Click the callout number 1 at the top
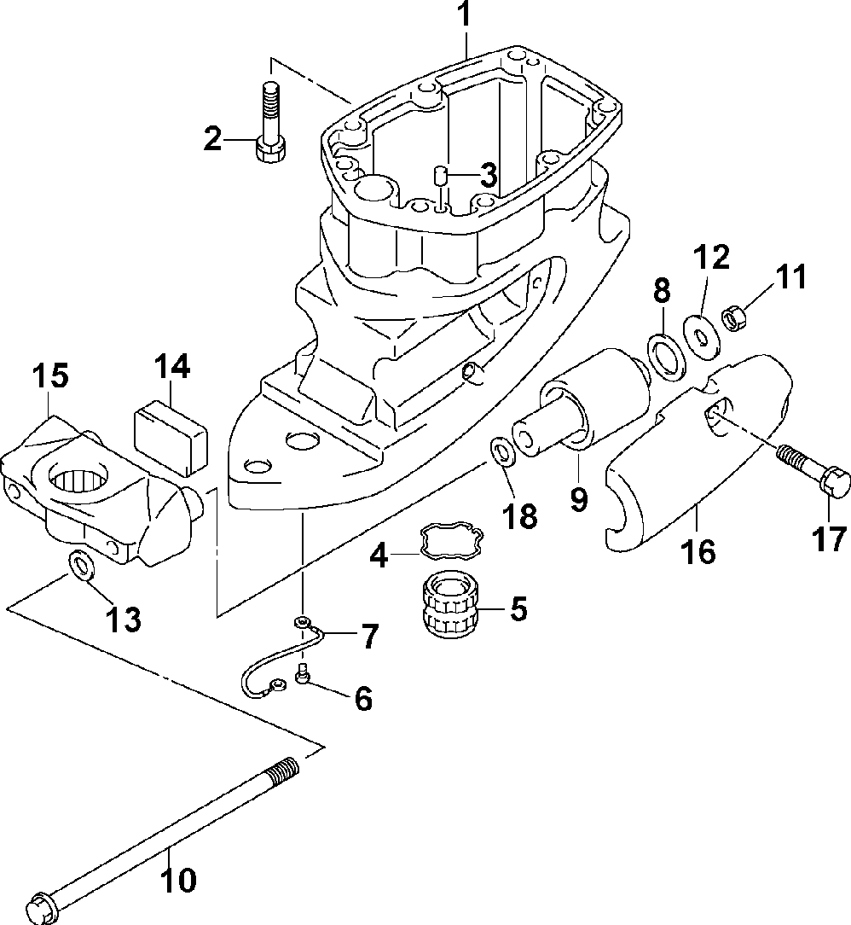pos(466,16)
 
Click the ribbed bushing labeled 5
pos(452,607)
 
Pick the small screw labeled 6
pos(304,672)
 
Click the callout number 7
pos(369,637)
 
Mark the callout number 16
pos(698,552)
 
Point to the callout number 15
pos(49,375)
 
